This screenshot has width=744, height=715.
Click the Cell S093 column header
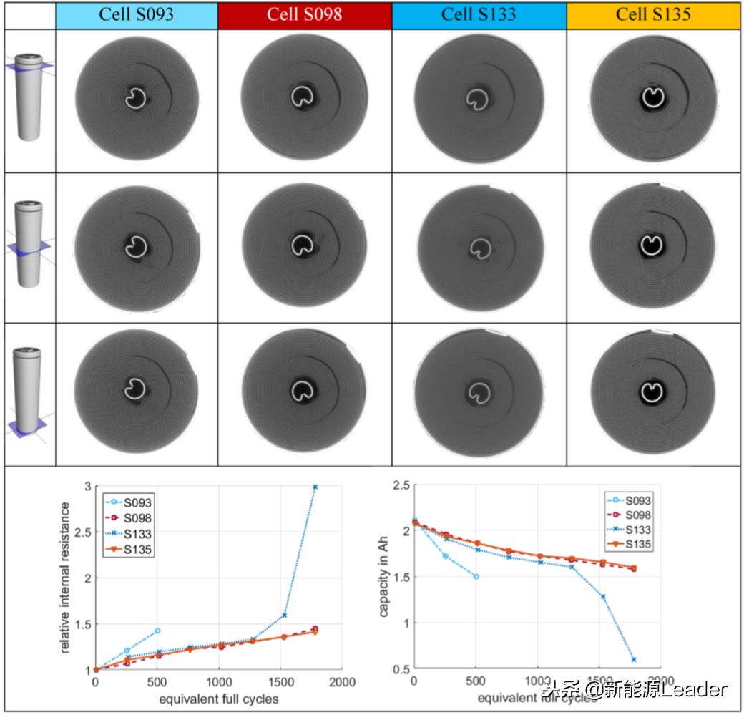pyautogui.click(x=136, y=15)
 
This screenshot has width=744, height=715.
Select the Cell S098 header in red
pyautogui.click(x=305, y=15)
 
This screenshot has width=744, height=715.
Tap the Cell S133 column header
pyautogui.click(x=479, y=15)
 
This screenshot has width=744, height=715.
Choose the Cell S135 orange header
pyautogui.click(x=655, y=15)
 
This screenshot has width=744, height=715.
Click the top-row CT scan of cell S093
pyautogui.click(x=136, y=98)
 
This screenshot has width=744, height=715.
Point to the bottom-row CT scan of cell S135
pyautogui.click(x=653, y=392)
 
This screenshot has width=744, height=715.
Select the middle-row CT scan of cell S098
pyautogui.click(x=305, y=247)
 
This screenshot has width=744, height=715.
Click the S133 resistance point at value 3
pyautogui.click(x=315, y=487)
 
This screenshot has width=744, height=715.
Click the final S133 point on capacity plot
pyautogui.click(x=634, y=659)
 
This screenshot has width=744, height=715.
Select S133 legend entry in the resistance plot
pyautogui.click(x=128, y=532)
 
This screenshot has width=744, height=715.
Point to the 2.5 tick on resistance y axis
pyautogui.click(x=87, y=532)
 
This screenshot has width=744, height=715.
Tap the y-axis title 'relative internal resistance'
pyautogui.click(x=65, y=578)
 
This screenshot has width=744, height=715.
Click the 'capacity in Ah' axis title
pyautogui.click(x=385, y=578)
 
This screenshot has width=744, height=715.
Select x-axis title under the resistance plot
pyautogui.click(x=218, y=698)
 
